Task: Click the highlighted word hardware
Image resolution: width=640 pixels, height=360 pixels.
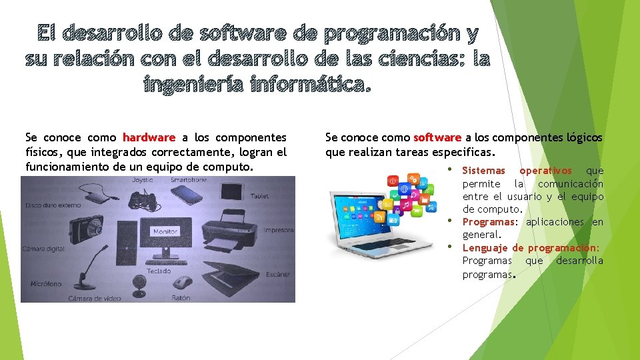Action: click(149, 137)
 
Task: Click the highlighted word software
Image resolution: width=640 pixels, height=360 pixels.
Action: click(437, 137)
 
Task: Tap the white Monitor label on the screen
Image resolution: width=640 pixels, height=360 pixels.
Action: click(165, 231)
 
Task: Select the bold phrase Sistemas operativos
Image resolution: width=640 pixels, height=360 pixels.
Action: click(517, 171)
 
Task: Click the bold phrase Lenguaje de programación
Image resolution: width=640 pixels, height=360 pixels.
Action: click(531, 247)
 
